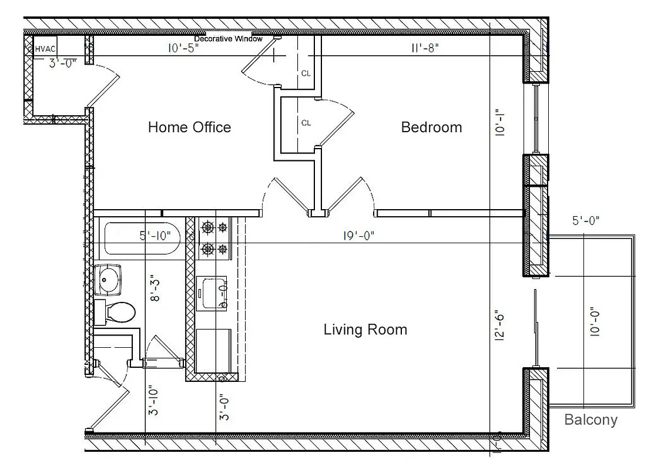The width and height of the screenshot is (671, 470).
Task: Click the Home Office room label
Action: [x=189, y=127]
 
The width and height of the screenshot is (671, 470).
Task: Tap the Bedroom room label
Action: [x=431, y=127]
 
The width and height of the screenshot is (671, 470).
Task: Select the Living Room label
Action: [x=365, y=329]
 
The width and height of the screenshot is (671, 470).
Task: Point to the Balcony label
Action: [x=591, y=419]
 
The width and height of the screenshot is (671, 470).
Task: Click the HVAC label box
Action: [x=45, y=49]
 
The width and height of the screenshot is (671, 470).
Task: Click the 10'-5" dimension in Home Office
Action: [x=183, y=49]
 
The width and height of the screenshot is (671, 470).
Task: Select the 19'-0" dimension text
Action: [x=358, y=236]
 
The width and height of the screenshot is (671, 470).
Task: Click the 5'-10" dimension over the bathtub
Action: [x=155, y=236]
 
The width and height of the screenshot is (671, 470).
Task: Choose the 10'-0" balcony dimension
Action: [x=595, y=321]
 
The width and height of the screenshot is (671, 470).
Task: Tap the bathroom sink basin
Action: [x=108, y=279]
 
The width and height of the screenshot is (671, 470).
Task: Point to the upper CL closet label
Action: [x=306, y=73]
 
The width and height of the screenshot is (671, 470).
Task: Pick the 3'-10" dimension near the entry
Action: [x=154, y=401]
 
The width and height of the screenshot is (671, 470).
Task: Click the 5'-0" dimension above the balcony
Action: [x=585, y=221]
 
